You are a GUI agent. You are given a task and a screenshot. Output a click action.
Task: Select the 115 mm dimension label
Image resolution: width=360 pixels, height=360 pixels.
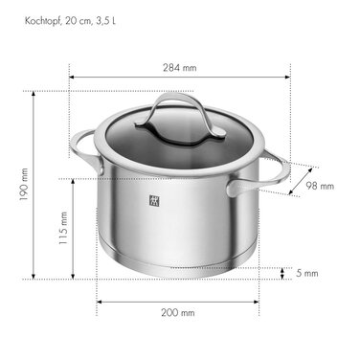(x=63, y=227)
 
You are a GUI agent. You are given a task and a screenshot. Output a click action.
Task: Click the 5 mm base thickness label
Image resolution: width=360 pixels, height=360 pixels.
(x=306, y=274)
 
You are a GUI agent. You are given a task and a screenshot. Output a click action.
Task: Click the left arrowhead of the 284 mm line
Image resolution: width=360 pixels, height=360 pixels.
(x=72, y=78)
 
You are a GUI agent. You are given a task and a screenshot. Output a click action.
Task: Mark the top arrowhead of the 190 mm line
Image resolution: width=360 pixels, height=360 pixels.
(x=34, y=80)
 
